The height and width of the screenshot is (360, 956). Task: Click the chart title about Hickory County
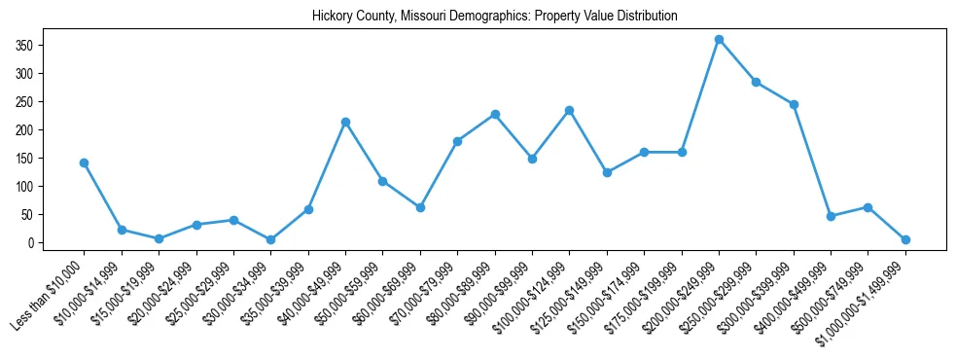point(495,17)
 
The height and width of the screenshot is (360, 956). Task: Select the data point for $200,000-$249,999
point(719,40)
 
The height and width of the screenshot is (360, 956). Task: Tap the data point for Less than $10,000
point(85,162)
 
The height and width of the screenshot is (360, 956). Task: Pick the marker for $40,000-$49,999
point(345,122)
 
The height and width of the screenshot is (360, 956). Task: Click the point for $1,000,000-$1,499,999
point(905,239)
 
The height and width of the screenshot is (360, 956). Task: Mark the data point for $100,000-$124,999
point(569,110)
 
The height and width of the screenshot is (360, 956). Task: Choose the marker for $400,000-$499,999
point(831,216)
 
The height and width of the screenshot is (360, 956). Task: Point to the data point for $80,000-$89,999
point(495,114)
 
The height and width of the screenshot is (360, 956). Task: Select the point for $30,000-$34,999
point(271,239)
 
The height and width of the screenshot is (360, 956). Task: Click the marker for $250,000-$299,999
point(756,82)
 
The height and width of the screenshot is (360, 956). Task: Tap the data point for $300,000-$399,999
point(794,104)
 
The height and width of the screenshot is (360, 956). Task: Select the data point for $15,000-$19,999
point(159,238)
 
